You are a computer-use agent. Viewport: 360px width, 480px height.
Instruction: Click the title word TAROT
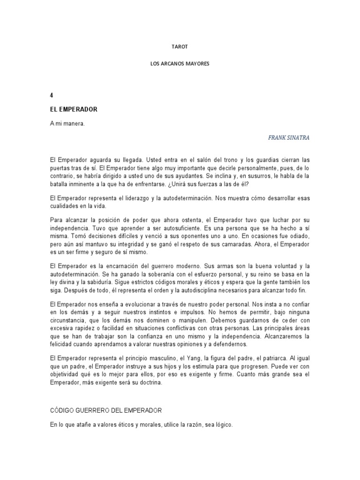[180, 47]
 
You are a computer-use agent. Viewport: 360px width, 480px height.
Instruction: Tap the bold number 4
[51, 96]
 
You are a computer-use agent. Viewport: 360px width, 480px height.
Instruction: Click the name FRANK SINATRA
[289, 138]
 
